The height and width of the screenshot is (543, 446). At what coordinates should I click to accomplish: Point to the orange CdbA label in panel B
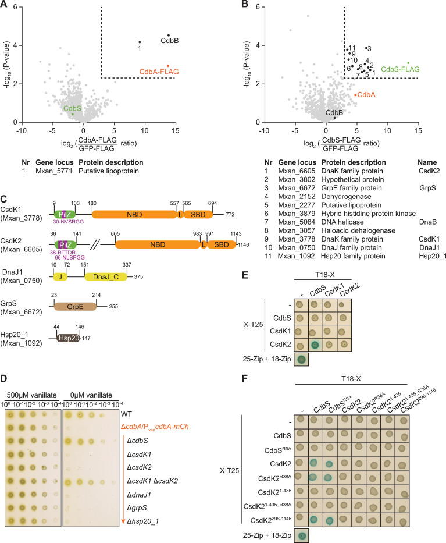[x=365, y=94]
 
